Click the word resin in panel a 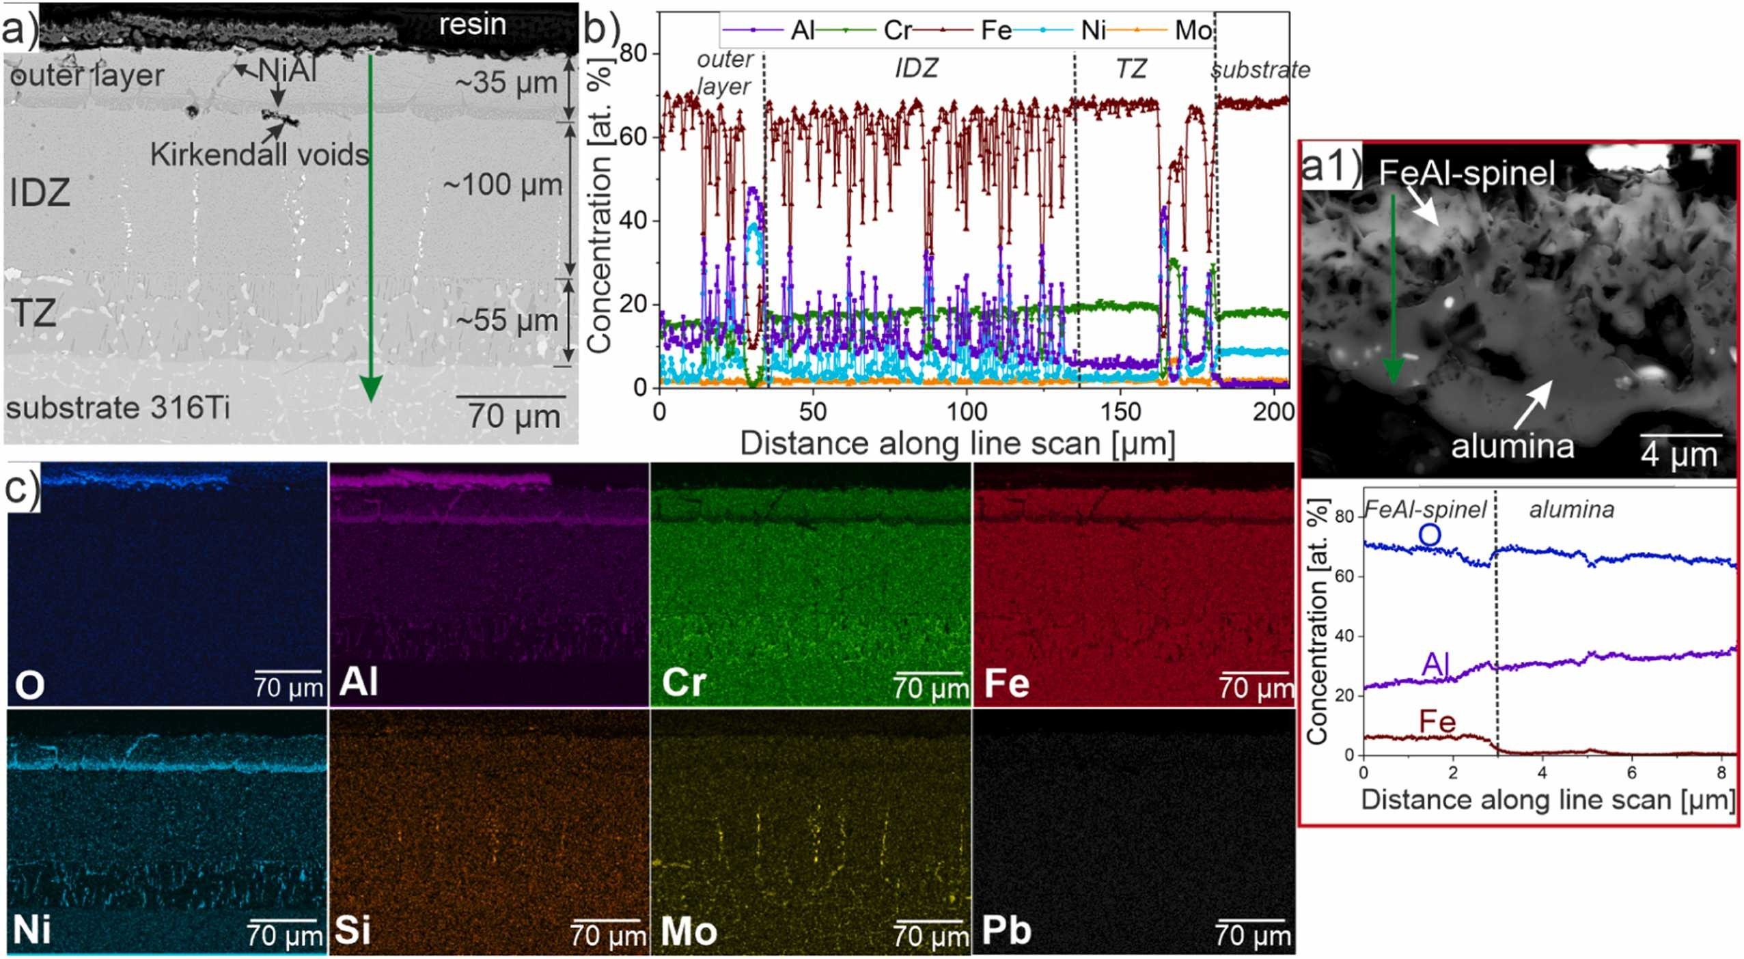tap(472, 25)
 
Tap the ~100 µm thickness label tap(503, 186)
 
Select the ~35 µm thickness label tap(507, 83)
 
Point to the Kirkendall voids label tap(260, 155)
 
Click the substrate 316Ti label tap(117, 408)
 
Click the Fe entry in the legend tap(996, 31)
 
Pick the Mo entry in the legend tap(1193, 31)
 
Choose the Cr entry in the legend tap(898, 31)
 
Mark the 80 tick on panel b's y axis tap(635, 53)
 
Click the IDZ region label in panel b tap(916, 69)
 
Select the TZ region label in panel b tap(1131, 69)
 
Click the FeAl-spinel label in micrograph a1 tap(1467, 173)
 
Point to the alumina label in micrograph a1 tap(1512, 447)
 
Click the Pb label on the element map tap(1006, 931)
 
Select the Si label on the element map tap(352, 931)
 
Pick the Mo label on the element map tap(689, 931)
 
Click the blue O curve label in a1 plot tap(1429, 536)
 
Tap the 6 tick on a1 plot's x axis tap(1631, 773)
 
